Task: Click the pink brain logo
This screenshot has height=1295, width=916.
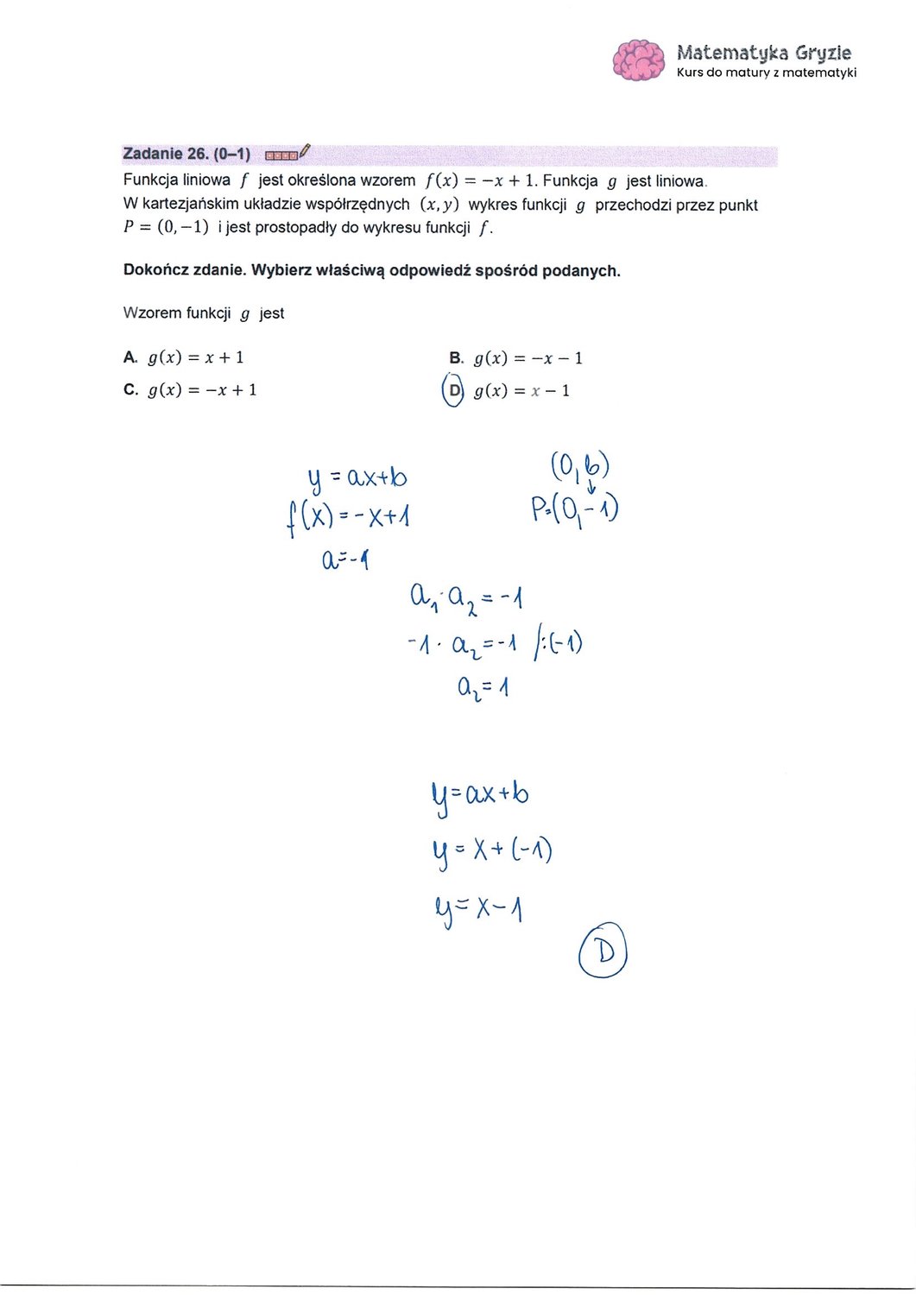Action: coord(638,60)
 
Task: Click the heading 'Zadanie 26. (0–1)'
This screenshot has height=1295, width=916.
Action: coord(186,155)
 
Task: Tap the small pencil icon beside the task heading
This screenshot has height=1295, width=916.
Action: coord(304,152)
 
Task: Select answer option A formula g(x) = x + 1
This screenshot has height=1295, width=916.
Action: coord(196,357)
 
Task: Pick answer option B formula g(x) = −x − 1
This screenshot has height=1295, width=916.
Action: coord(527,358)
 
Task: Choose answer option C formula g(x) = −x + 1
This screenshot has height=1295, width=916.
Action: coord(202,390)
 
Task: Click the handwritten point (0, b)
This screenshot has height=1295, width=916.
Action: coord(580,467)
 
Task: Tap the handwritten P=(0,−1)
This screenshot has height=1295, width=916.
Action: coord(575,509)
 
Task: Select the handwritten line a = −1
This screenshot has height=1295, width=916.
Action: coord(345,560)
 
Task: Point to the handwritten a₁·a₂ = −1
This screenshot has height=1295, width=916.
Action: coord(466,597)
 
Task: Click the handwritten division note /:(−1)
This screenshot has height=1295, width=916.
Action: coord(558,644)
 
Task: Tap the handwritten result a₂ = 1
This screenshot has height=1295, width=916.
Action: coord(483,688)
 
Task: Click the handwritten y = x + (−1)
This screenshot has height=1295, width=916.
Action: coord(491,851)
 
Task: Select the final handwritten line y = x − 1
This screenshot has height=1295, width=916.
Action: coord(479,908)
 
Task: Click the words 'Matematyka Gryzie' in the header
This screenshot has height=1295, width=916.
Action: coord(764,53)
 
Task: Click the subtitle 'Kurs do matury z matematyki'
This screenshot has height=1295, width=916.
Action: coord(767,73)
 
